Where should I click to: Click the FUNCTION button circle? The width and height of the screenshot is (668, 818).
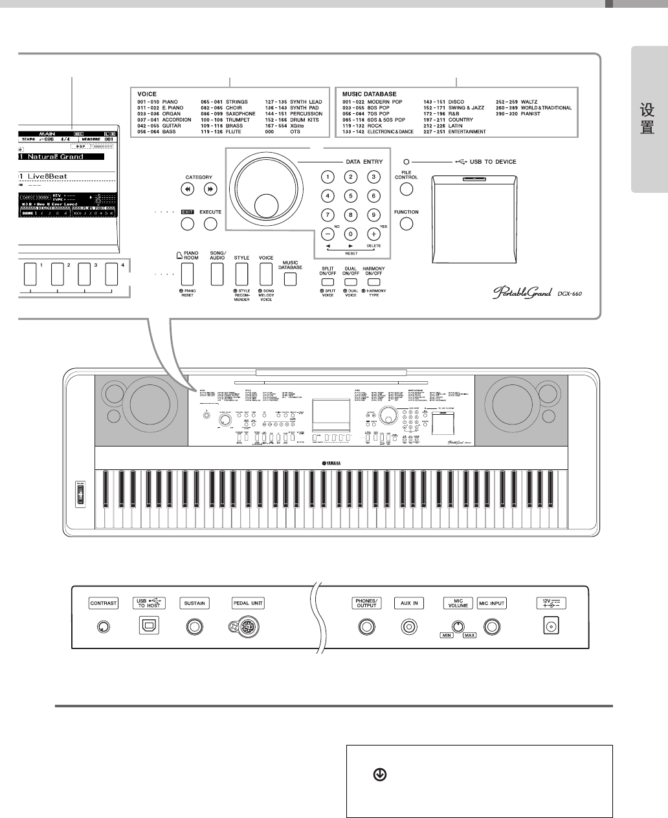point(406,224)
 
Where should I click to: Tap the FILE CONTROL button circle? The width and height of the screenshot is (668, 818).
point(406,189)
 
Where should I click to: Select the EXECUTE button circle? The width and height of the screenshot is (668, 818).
point(210,224)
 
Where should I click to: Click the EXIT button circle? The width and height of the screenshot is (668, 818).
point(188,224)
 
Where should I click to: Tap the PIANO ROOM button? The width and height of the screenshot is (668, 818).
point(188,274)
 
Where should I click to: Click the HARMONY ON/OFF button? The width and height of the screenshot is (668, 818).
point(373,282)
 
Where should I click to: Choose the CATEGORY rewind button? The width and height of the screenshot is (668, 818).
point(188,189)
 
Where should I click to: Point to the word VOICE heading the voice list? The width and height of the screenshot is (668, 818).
point(148,94)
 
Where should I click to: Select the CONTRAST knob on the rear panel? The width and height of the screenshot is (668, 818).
point(103,626)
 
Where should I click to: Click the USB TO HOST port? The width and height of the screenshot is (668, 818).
point(148,626)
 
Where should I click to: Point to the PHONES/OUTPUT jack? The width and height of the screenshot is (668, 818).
point(366,626)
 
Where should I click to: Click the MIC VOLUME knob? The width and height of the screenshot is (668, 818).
point(458,626)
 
